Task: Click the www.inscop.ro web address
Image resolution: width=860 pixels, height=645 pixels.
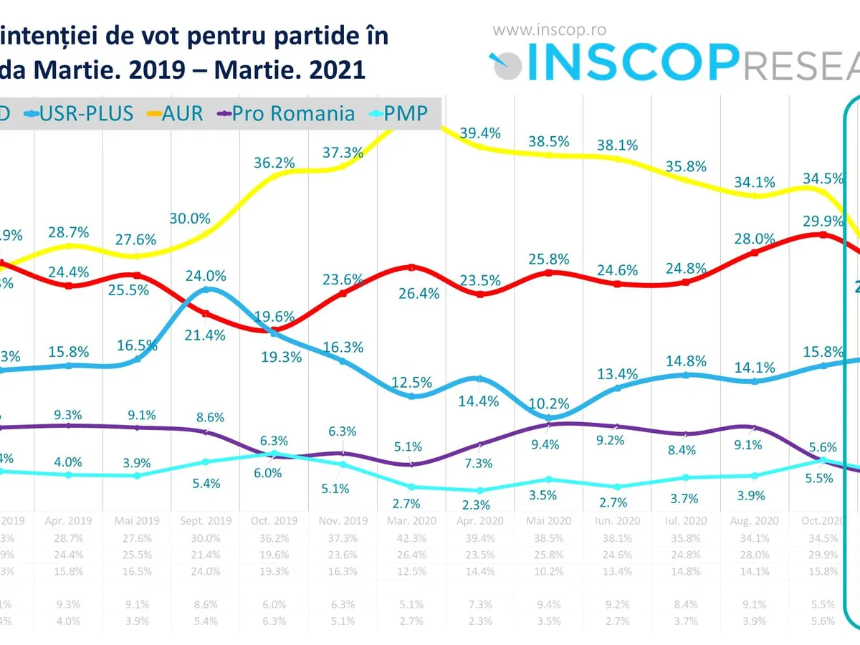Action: (x=550, y=30)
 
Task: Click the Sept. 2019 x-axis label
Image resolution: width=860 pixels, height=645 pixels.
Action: (x=206, y=521)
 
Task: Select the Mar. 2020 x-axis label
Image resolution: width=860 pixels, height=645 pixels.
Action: (x=411, y=521)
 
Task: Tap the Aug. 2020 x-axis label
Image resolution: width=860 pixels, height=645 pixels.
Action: (x=753, y=521)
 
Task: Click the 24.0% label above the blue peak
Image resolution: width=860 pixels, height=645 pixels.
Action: (x=206, y=275)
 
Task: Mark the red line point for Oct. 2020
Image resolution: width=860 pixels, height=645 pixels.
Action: (x=823, y=234)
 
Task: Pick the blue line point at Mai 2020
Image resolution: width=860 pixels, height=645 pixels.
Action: (x=549, y=417)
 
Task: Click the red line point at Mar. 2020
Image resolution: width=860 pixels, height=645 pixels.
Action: (x=411, y=267)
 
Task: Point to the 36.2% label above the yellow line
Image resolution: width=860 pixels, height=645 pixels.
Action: (x=274, y=163)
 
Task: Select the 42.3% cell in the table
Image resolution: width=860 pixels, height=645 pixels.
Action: (x=411, y=537)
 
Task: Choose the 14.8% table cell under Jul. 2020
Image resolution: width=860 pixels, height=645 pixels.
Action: (x=685, y=571)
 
